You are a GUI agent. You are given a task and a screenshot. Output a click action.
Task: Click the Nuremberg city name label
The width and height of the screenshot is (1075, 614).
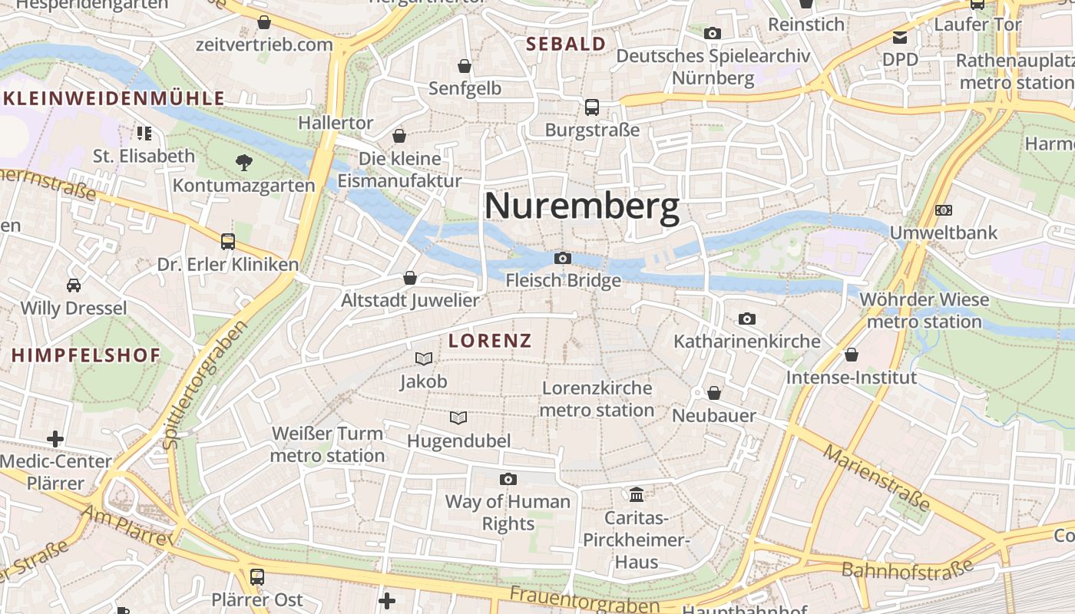[x=581, y=207]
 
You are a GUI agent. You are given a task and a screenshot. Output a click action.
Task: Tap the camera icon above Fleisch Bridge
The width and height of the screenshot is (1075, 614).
[x=563, y=258]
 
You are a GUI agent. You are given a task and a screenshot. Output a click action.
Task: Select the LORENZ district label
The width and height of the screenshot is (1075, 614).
[x=490, y=341]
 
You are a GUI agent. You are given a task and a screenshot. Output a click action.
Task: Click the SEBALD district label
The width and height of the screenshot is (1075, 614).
[x=566, y=45]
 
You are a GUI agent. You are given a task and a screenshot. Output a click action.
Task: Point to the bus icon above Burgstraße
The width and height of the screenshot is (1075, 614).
[x=591, y=107]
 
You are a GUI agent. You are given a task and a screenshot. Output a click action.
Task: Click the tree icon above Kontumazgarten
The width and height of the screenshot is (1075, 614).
[x=243, y=162]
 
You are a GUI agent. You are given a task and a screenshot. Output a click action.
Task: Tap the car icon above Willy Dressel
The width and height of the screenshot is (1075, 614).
[x=74, y=285]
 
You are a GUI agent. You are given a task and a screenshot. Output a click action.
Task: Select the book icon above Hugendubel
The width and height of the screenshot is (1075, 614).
[x=458, y=418]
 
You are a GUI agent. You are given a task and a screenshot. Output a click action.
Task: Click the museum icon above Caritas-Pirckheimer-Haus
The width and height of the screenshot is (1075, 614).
[x=637, y=494]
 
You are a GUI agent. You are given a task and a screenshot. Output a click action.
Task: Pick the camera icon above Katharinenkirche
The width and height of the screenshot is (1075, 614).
[x=746, y=319]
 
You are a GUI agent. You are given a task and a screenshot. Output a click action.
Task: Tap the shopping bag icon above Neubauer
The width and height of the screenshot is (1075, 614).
[x=714, y=393]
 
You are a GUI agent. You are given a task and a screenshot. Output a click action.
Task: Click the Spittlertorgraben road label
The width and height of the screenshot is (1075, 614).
[x=206, y=384]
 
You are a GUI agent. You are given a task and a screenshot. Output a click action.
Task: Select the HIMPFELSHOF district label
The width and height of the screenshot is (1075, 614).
[x=86, y=355]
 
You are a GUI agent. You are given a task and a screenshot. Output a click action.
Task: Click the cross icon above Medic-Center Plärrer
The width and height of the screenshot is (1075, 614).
[x=55, y=439]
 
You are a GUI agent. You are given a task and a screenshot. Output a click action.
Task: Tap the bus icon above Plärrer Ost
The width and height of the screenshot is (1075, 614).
[x=257, y=576]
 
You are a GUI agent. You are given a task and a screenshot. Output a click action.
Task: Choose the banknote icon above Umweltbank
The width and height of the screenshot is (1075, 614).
[x=943, y=210]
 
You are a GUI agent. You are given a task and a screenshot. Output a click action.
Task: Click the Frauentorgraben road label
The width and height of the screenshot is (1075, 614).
[x=584, y=601]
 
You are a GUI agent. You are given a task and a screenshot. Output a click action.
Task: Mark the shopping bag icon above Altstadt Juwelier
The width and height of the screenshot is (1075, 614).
[x=410, y=277]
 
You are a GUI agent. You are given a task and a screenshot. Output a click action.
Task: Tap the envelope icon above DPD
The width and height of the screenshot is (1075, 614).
[x=899, y=37]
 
